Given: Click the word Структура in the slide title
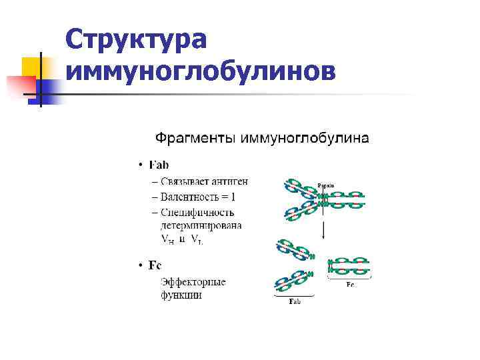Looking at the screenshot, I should (137, 41).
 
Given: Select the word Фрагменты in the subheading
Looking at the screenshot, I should (193, 139).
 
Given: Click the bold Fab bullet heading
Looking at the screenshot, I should (159, 165).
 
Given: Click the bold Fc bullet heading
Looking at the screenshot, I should (155, 265).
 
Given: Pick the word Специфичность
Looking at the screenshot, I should (197, 213).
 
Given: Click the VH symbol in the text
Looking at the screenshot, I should (168, 240).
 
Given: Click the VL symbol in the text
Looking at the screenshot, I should (197, 240).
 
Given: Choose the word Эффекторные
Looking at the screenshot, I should (193, 282).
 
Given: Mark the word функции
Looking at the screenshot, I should (181, 295).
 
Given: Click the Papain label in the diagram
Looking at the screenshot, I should (326, 185).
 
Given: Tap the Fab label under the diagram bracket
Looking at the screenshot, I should (295, 302).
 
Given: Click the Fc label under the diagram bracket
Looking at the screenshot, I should (350, 285).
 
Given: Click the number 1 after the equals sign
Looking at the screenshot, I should (233, 197).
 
